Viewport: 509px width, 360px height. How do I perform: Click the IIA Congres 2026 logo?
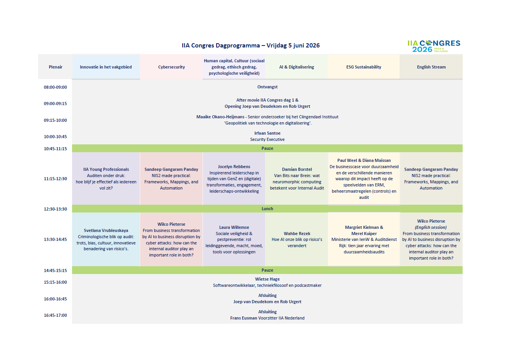[433, 46]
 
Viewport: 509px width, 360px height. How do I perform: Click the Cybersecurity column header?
[171, 67]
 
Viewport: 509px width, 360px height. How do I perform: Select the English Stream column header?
[431, 67]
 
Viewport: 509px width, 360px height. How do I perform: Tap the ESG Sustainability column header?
[364, 67]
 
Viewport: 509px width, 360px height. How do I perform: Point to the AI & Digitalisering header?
[296, 67]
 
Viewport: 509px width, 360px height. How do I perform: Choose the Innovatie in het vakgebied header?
[106, 67]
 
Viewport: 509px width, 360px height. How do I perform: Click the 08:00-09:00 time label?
[55, 87]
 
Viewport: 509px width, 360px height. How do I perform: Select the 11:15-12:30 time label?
[55, 179]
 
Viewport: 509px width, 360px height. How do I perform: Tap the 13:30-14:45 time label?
[55, 239]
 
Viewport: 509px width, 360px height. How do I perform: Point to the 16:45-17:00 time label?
[55, 315]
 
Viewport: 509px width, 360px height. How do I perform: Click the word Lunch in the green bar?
[267, 209]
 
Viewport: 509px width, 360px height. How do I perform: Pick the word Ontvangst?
[267, 87]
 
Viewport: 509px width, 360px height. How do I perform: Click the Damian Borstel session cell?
[297, 179]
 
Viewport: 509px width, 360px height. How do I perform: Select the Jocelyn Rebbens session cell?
[234, 179]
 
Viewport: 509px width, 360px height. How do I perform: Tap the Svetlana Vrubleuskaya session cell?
[106, 239]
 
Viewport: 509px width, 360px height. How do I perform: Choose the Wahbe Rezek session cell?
[297, 239]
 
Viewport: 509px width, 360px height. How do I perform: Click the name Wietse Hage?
[267, 279]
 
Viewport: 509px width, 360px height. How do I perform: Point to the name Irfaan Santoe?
[267, 133]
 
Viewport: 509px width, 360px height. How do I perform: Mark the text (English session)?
[431, 227]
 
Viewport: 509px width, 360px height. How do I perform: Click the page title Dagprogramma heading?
[250, 46]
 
